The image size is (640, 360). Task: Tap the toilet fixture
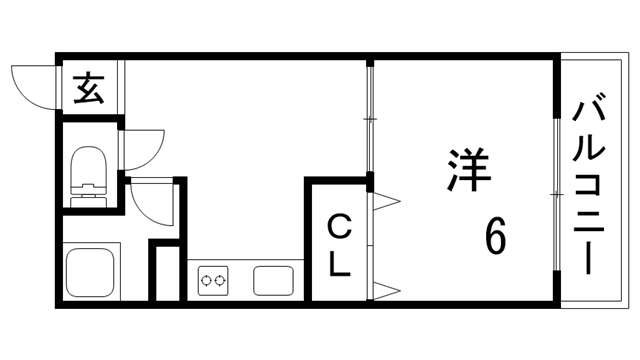(90, 170)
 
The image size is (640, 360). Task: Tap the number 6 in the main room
(495, 237)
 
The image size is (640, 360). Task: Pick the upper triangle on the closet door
(386, 204)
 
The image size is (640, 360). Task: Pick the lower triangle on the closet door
(386, 290)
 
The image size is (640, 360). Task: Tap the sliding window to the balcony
(556, 190)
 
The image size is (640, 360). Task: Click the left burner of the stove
(207, 281)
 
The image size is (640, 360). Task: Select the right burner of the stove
(220, 281)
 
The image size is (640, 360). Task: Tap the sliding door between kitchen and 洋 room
(369, 120)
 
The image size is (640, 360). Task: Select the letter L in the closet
(340, 266)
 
